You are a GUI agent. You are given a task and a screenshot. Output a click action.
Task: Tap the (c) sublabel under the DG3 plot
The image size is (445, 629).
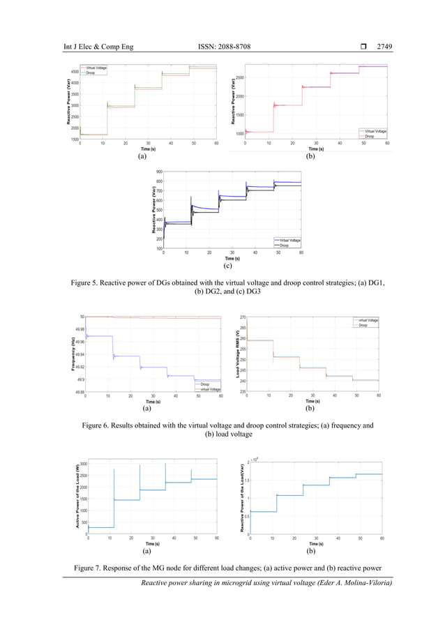click(227, 266)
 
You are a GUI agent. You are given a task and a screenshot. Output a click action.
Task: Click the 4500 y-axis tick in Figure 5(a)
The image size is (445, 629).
click(74, 72)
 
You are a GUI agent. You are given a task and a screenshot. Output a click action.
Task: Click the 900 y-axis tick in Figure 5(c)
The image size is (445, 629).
click(158, 172)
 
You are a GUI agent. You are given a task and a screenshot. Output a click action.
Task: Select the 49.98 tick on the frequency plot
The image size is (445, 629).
click(79, 329)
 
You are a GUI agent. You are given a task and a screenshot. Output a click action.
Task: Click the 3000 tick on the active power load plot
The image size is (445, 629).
click(82, 464)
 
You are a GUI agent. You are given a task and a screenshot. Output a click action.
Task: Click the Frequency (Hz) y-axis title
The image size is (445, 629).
click(73, 354)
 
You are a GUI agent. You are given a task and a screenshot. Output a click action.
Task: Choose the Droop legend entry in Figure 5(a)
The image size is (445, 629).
click(91, 72)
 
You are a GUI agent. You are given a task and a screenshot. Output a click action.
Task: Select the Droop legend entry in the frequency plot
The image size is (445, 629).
click(204, 384)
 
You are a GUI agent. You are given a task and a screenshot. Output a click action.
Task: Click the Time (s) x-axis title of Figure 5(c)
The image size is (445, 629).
click(227, 258)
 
